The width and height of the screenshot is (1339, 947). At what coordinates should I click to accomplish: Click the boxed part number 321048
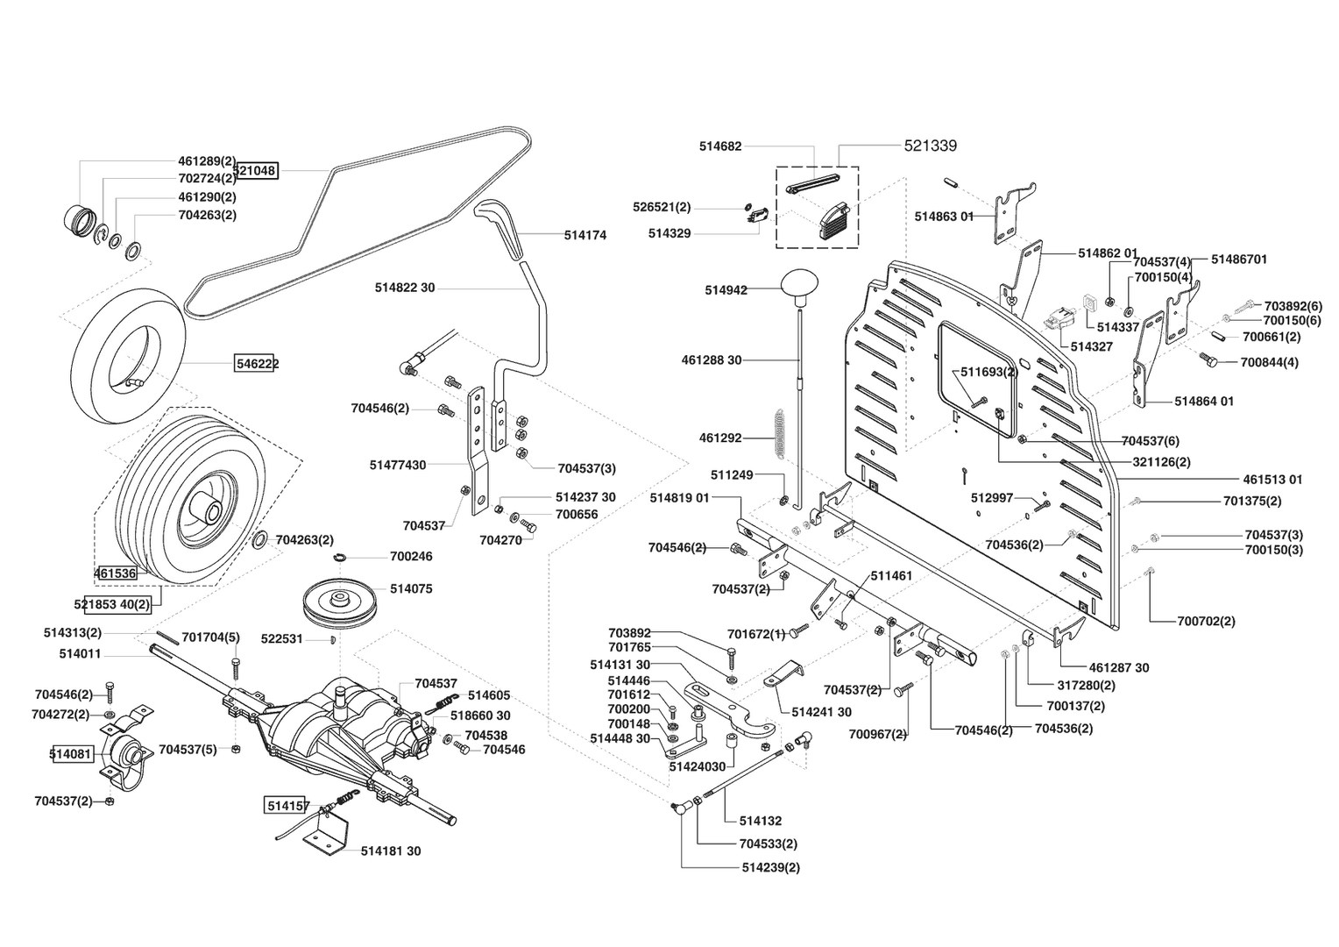(x=256, y=170)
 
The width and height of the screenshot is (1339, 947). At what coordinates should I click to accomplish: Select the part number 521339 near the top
(x=930, y=146)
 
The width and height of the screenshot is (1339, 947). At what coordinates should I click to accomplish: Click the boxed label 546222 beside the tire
(x=256, y=363)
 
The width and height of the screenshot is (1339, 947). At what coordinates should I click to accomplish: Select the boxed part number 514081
(x=73, y=754)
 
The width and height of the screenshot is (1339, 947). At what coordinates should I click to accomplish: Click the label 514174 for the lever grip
(x=584, y=235)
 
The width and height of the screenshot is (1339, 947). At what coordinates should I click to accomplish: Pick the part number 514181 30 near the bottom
(x=391, y=851)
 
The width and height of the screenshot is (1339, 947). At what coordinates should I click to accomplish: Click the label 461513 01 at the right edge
(x=1272, y=480)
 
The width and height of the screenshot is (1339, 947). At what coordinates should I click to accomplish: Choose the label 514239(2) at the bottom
(x=770, y=867)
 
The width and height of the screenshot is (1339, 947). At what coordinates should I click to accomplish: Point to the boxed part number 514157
(x=287, y=803)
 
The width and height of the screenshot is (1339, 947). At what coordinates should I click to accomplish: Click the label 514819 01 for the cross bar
(x=679, y=497)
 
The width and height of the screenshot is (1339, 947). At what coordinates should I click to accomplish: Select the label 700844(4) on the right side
(x=1269, y=362)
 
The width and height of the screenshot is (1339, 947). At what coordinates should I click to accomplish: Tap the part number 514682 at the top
(x=720, y=146)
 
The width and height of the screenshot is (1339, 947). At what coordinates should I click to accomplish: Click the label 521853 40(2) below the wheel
(x=112, y=604)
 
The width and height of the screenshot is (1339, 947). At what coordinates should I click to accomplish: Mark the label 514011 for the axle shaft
(x=81, y=653)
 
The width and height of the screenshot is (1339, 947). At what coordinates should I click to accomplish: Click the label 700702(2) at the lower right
(x=1206, y=621)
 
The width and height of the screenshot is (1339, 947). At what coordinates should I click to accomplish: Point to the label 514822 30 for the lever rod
(x=405, y=288)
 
